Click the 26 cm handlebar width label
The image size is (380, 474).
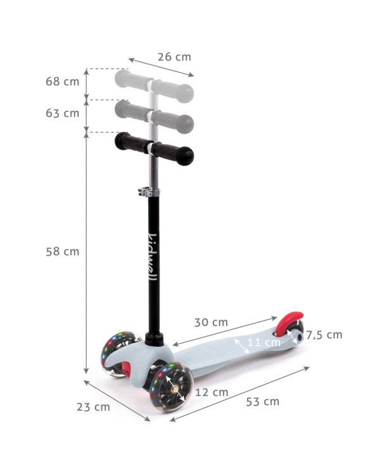174,57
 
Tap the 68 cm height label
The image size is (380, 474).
63,82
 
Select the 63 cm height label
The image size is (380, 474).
63,113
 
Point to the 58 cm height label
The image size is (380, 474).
63,252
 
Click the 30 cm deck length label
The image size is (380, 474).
211,322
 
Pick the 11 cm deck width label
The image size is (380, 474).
264,343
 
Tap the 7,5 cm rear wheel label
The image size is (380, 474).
324,335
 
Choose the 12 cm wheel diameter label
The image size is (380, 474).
212,392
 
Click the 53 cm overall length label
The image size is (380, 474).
262,402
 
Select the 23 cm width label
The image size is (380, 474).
93,407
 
